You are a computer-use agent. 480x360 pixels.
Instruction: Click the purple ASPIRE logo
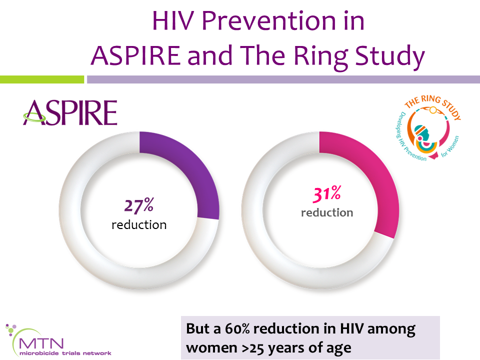(x=70, y=113)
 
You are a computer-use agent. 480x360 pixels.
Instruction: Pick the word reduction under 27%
(x=139, y=224)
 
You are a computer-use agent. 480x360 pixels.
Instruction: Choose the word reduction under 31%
(x=327, y=212)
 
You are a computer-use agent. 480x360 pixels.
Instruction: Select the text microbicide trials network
(x=65, y=353)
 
